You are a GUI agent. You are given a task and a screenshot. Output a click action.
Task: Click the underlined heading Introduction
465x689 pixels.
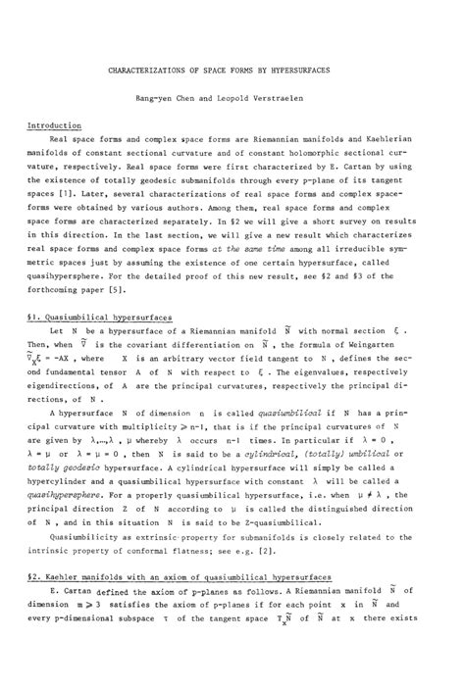point(55,125)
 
